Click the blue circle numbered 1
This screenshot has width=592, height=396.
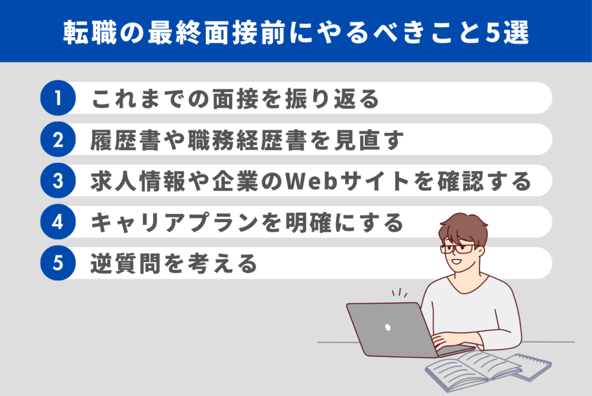coord(58,98)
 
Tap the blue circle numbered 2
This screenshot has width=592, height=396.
coord(58,139)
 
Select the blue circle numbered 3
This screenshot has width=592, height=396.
coord(58,180)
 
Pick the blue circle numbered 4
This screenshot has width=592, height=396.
coord(58,221)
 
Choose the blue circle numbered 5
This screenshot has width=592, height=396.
coord(58,262)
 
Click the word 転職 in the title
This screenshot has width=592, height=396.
coord(90,33)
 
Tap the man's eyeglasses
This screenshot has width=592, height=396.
coord(458,249)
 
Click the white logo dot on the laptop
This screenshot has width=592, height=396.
coord(388,327)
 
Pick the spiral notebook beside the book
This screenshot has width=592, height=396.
coord(531,366)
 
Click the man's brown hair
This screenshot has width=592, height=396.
coord(463,229)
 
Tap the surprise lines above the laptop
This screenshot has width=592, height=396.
coord(399,293)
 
